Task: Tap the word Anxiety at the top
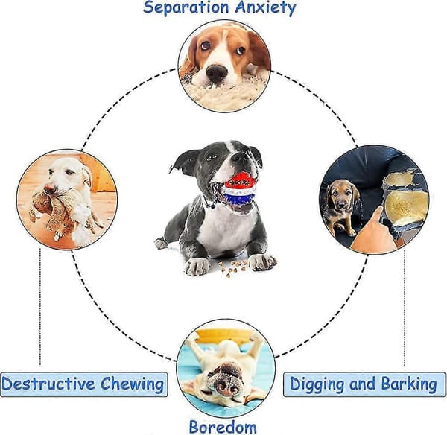266,8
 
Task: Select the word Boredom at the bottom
223,428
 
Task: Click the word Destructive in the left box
48,384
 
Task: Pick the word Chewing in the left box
132,384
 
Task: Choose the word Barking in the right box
409,384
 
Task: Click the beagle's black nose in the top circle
217,72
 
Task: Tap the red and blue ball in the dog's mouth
238,188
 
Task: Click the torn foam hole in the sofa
405,200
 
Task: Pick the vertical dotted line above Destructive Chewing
40,306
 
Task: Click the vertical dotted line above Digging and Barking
405,308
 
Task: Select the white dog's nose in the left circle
49,188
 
